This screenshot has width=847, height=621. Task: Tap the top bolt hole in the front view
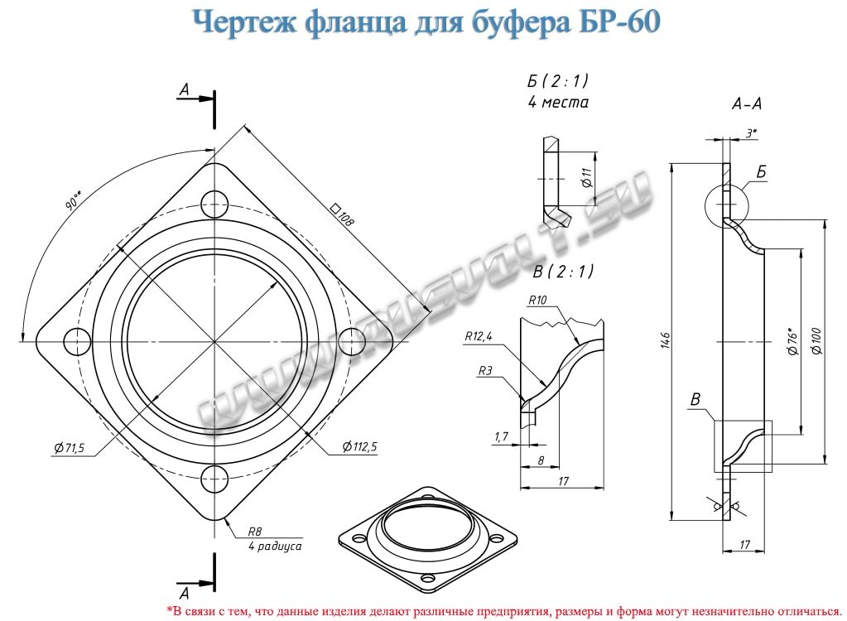(214, 201)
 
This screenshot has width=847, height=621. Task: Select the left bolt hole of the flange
(76, 340)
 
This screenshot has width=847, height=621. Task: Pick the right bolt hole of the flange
(353, 340)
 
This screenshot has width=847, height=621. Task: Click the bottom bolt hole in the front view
(214, 479)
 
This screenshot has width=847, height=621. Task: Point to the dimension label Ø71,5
(69, 448)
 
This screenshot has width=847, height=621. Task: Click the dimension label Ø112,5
(359, 447)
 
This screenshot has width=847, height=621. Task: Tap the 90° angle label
(75, 200)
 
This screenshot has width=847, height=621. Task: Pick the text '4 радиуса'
(274, 546)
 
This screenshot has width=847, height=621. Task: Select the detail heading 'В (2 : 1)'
(563, 271)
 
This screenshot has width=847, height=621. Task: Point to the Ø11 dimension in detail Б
(585, 176)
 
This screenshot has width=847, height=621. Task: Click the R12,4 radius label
(479, 337)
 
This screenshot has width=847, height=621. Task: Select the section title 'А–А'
(748, 105)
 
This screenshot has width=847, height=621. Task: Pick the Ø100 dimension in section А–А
(817, 340)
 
